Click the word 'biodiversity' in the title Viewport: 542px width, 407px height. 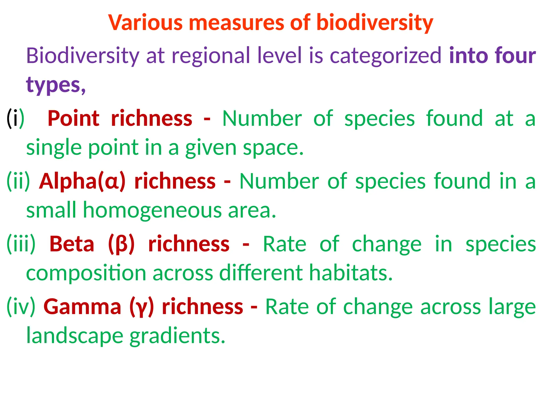pos(374,23)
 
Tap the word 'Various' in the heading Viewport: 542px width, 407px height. pos(146,23)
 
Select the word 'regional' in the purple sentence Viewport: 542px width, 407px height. pos(210,56)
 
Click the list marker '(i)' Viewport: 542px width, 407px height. pos(15,118)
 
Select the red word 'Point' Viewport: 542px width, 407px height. pos(74,118)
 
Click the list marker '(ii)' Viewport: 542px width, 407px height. pos(18,182)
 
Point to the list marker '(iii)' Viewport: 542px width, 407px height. pos(21,244)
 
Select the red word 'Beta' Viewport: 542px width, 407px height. pos(72,244)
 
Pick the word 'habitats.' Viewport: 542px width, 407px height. pos(351,273)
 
